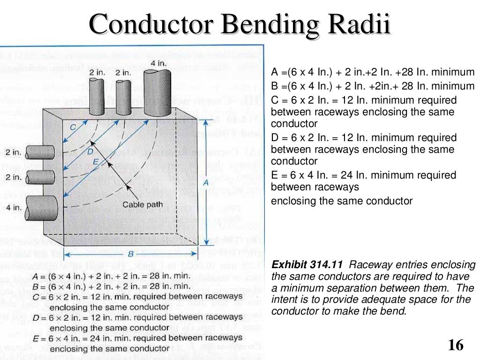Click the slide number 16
point(455,345)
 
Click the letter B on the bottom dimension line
point(131,254)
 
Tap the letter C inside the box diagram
point(73,127)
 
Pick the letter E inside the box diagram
point(96,162)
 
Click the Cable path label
point(142,204)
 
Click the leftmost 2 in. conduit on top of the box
point(97,96)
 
